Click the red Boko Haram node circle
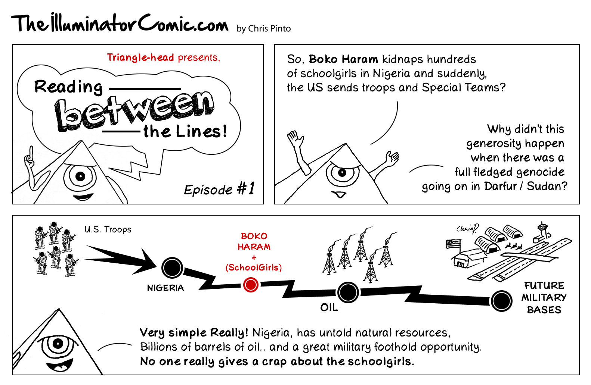[x=251, y=285]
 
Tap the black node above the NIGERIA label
[x=172, y=267]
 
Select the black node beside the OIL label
[x=348, y=292]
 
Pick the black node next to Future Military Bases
[x=501, y=301]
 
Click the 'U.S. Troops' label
[x=108, y=229]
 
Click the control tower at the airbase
[x=542, y=231]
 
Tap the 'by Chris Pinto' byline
[x=263, y=29]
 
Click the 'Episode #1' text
[x=219, y=189]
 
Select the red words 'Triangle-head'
[x=140, y=57]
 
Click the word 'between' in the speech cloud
[x=134, y=111]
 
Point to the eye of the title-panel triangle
[x=80, y=176]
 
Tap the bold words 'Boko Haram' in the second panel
[x=343, y=59]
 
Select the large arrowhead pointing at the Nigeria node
[x=146, y=261]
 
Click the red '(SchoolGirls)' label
[x=254, y=267]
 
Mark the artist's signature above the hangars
[x=467, y=228]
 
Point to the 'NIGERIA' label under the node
[x=165, y=288]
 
